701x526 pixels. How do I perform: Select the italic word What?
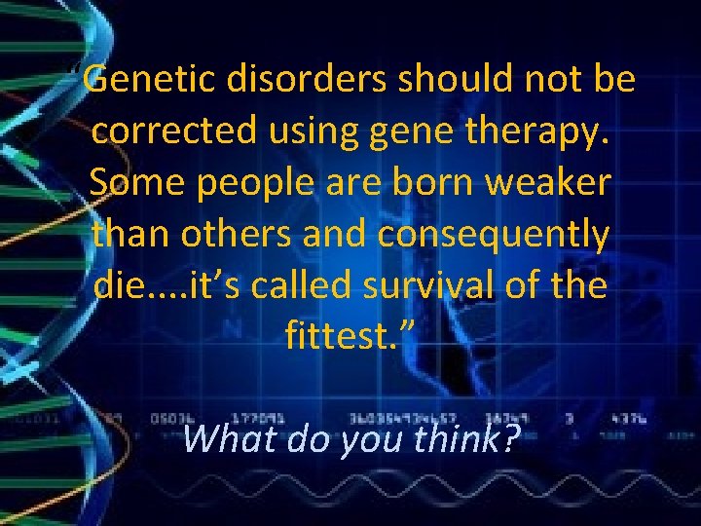pos(227,438)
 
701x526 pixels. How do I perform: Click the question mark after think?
pos(509,438)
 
